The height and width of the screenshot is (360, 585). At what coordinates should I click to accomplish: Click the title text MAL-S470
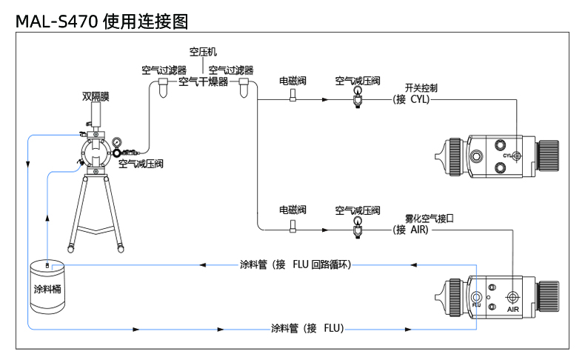coord(57,21)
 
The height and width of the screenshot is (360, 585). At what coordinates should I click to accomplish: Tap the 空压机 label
coord(203,52)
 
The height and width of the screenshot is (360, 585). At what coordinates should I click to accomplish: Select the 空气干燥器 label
coord(204,81)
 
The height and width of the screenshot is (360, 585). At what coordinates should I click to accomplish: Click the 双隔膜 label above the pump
coord(96,96)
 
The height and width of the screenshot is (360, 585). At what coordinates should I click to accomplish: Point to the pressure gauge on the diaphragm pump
coord(117,142)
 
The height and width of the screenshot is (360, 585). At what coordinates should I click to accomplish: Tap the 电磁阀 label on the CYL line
coord(293,81)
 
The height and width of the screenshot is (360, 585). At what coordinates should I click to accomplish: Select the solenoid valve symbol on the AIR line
coord(293,226)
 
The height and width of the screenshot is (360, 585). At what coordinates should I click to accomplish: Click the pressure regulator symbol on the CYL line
coord(358,98)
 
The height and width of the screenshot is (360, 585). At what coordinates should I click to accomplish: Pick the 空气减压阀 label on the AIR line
coord(358,210)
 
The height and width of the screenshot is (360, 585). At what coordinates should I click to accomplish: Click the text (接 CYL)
coord(411,99)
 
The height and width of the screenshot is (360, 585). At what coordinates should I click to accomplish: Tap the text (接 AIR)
coord(411,230)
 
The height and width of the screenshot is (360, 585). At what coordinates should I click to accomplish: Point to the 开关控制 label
coord(421,87)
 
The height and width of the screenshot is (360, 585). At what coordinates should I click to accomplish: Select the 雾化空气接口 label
coord(429,218)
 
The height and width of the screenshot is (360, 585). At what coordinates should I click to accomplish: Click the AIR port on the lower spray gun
coord(512,297)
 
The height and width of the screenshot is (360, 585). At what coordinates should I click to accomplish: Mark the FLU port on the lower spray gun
coord(476,297)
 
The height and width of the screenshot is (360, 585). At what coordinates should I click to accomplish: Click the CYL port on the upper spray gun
coord(517,156)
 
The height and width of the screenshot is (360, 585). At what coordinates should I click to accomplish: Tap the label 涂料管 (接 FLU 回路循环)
coord(295,264)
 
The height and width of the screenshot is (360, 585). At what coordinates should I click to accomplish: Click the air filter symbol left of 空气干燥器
coord(163,87)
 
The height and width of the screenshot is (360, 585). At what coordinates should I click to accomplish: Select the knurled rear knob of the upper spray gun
coord(548,156)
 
